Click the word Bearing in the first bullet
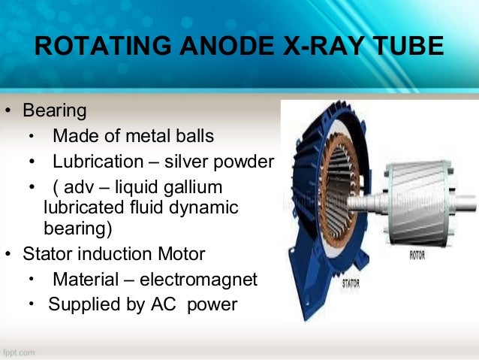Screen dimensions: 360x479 [x=55, y=112]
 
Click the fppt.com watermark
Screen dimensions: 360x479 [x=20, y=351]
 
